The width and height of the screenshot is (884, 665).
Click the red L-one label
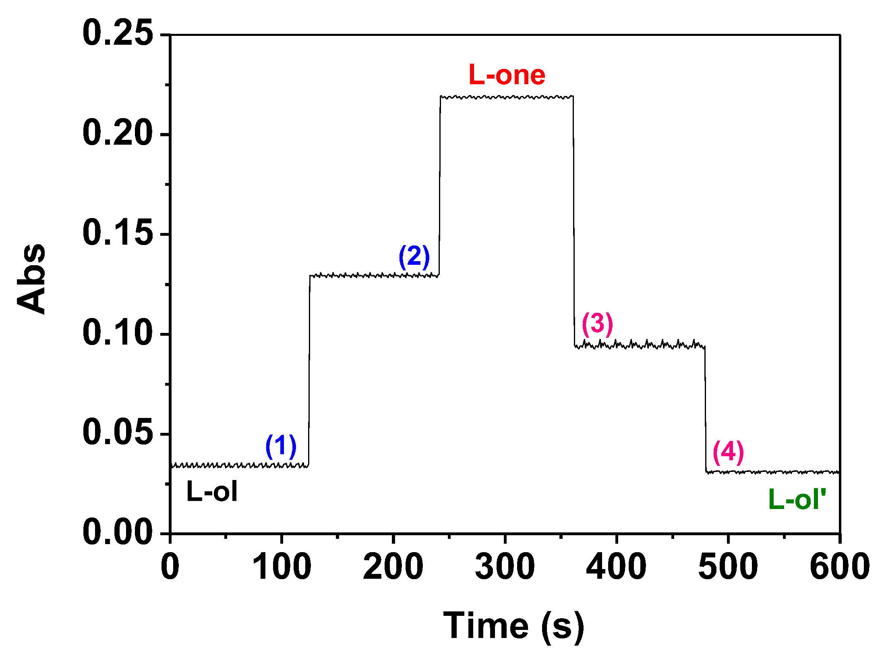pos(507,75)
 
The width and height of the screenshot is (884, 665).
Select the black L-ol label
pos(212,491)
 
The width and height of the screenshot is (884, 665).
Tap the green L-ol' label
pos(797,499)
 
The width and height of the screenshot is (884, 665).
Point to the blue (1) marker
pos(281,447)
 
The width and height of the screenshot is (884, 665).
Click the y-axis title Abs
pos(31,278)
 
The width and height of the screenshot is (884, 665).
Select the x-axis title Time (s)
pos(513,626)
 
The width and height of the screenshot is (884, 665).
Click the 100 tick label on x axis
pos(282,566)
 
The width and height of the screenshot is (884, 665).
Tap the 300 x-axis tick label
pos(505,566)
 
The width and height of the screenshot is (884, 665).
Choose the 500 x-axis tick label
pos(728,566)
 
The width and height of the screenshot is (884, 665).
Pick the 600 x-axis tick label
pos(839,566)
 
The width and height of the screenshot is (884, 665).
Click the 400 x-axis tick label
pos(616,566)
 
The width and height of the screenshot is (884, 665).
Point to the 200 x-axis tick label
pos(393,566)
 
